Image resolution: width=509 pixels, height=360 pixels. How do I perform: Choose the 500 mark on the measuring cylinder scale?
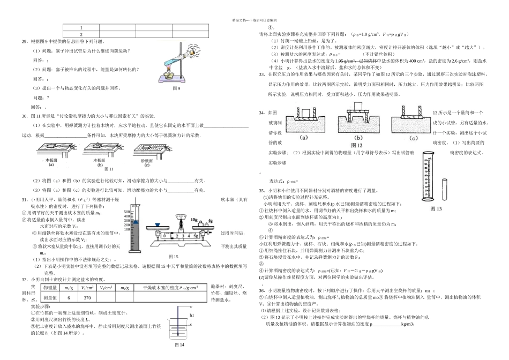[x=127, y=212]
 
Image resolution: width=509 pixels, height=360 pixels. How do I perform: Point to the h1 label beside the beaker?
[x=191, y=316]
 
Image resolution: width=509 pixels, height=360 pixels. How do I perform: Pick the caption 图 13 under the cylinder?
[x=431, y=209]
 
